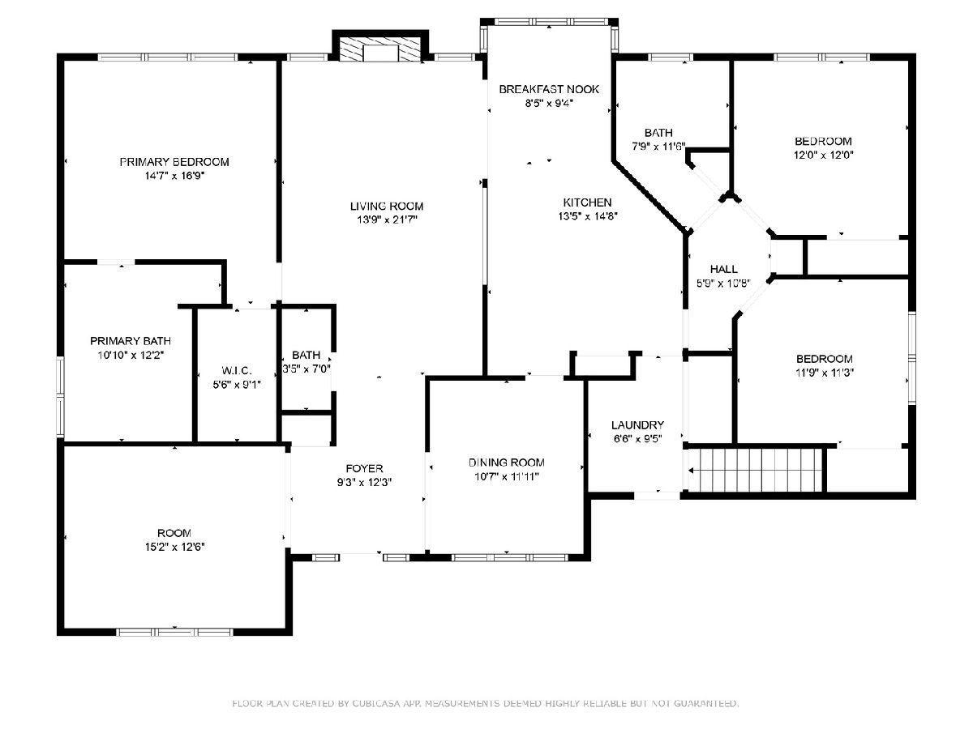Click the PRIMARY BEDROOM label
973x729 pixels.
[x=174, y=162]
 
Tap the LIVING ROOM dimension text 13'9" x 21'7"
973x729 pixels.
[x=387, y=220]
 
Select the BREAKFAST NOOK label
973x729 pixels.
[x=549, y=89]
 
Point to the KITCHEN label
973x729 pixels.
[x=587, y=202]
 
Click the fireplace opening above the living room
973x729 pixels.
[x=380, y=53]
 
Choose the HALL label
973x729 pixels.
[x=724, y=269]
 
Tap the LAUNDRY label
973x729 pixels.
[x=637, y=425]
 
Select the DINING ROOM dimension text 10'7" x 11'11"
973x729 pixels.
[x=506, y=477]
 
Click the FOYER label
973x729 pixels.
[x=364, y=468]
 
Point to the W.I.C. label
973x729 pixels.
[x=237, y=371]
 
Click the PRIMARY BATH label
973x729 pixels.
[x=131, y=341]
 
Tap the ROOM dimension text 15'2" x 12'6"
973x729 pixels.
[x=174, y=547]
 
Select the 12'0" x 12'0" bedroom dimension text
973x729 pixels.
[x=823, y=156]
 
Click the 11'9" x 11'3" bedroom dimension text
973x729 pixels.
[x=825, y=373]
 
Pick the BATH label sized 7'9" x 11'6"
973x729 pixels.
[x=658, y=133]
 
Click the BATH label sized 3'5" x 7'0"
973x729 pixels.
[x=306, y=355]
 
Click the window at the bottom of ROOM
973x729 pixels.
[x=174, y=632]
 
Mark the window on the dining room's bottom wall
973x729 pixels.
[x=509, y=557]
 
